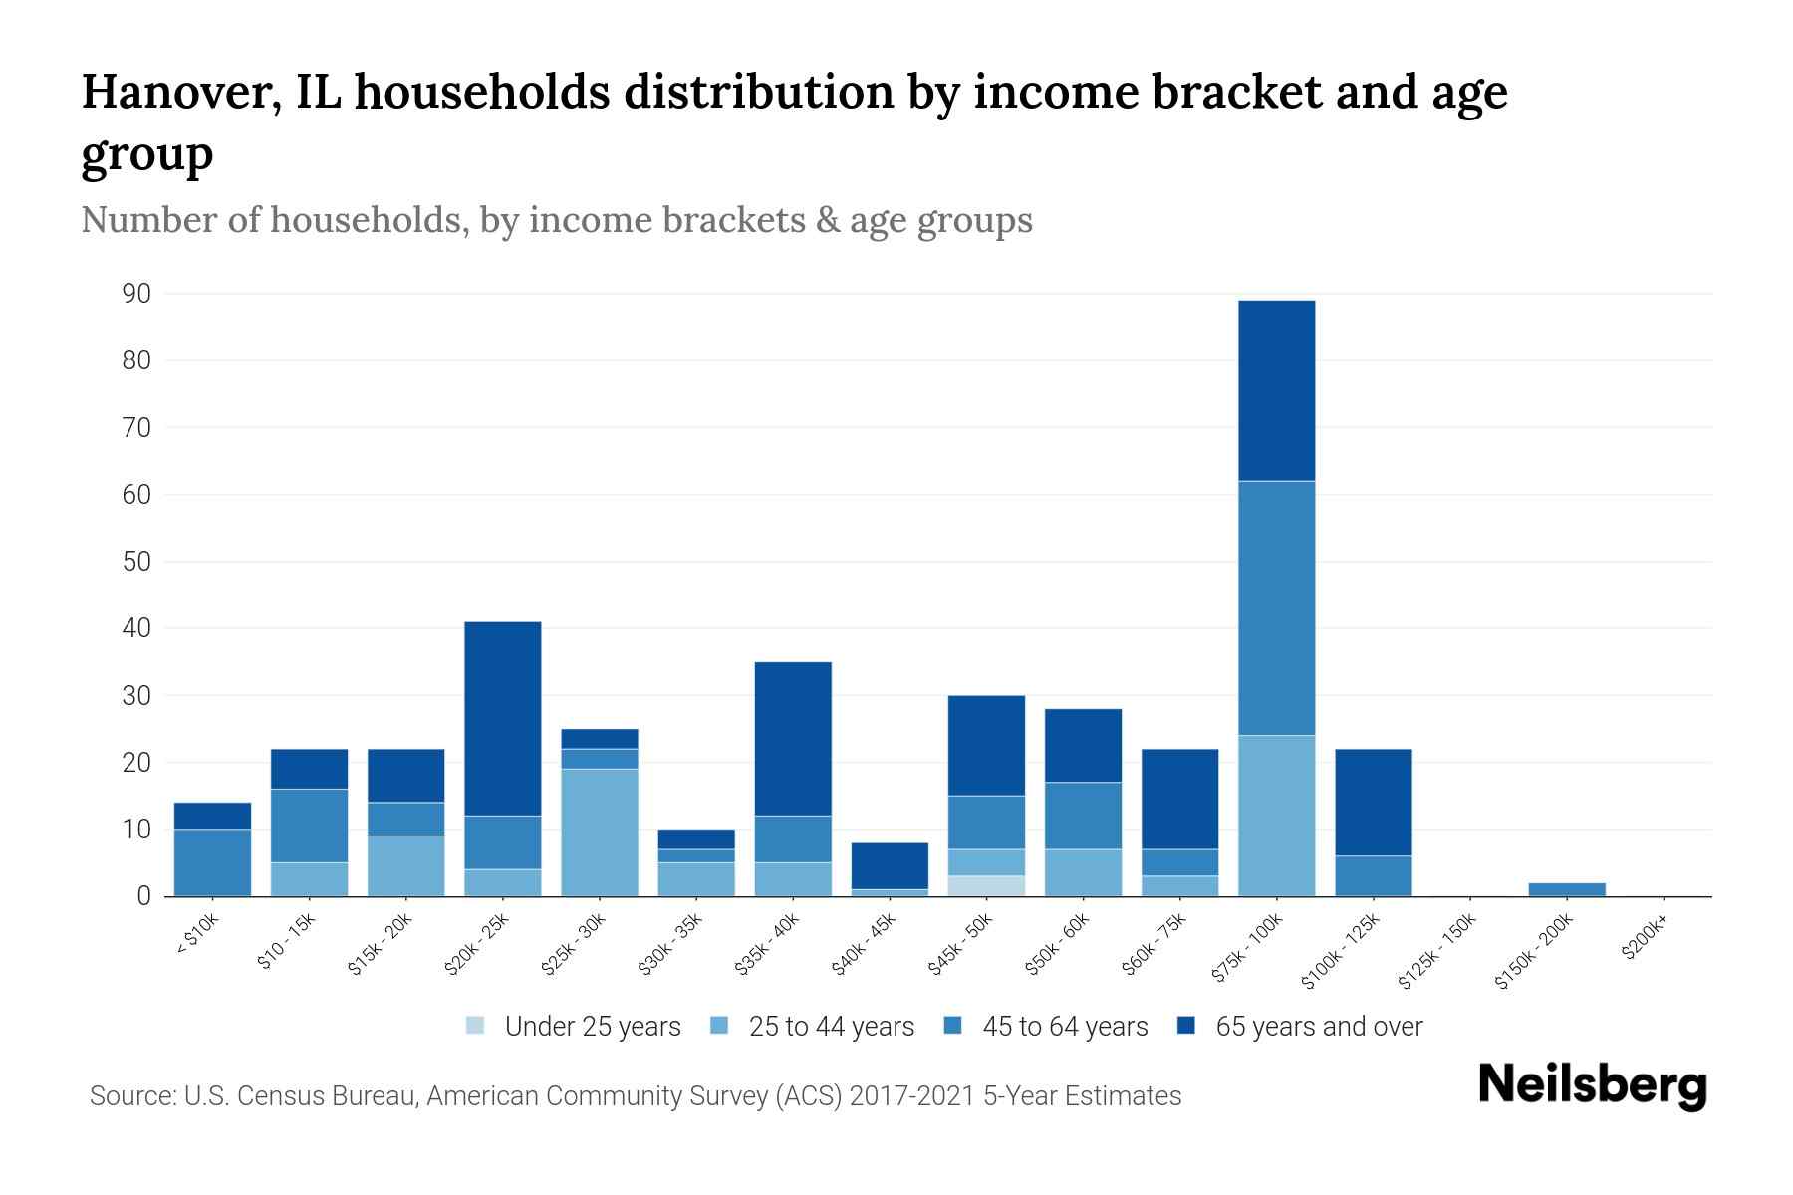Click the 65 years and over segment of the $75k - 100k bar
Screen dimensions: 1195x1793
point(1276,390)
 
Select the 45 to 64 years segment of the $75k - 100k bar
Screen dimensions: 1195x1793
point(1276,607)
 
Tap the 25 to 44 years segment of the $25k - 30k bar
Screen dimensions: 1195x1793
point(599,833)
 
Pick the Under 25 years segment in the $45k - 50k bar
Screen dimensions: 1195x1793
point(986,885)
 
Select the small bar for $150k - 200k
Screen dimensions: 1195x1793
point(1567,889)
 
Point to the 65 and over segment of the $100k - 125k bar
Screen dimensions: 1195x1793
point(1373,802)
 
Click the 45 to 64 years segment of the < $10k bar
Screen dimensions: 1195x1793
point(212,862)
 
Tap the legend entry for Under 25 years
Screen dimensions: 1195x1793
point(574,1027)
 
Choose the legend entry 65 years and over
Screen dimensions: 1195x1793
point(1300,1027)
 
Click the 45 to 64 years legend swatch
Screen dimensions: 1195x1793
point(953,1026)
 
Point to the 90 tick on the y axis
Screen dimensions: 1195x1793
point(136,294)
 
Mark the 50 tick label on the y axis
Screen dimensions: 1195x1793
point(136,562)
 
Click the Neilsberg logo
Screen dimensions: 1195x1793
point(1592,1085)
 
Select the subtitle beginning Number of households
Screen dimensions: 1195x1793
point(556,220)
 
